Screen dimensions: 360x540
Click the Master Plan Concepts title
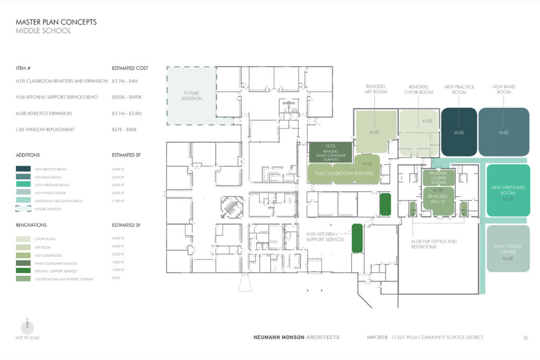(x=56, y=22)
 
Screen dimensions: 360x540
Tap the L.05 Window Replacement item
(x=45, y=130)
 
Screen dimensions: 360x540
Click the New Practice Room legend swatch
(x=23, y=169)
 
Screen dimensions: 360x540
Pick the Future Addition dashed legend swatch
(x=23, y=209)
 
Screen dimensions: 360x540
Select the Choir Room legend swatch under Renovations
(x=23, y=239)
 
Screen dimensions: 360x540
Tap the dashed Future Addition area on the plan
(x=191, y=95)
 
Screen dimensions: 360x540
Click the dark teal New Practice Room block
(x=459, y=132)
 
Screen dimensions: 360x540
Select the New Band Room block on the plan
(x=504, y=132)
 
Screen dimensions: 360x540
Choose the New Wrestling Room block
(x=507, y=190)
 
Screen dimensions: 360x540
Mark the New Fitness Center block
(x=508, y=249)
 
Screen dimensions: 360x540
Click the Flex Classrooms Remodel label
(x=344, y=173)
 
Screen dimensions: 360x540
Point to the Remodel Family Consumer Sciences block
(x=331, y=152)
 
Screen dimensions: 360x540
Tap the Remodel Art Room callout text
(x=376, y=89)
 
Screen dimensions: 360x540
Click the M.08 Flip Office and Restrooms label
(x=434, y=244)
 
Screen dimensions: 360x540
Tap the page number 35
(x=525, y=337)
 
